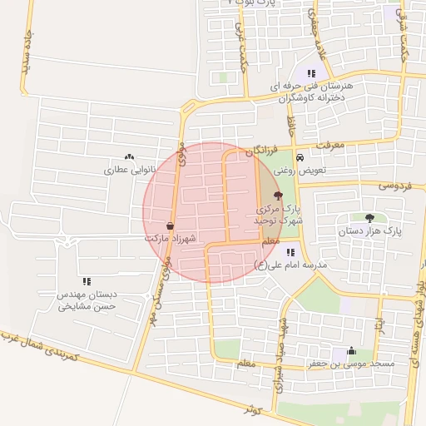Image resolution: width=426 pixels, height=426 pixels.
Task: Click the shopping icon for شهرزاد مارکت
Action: pos(171,225)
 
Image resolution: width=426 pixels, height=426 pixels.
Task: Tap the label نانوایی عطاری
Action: pos(118,169)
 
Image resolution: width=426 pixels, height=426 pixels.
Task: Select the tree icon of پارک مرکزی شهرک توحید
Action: pos(278,196)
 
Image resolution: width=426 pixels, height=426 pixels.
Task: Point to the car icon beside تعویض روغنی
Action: pos(300,158)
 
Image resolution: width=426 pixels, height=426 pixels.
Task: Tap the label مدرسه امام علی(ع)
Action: pos(290,265)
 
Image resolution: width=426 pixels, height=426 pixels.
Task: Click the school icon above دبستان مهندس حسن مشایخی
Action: pos(87,282)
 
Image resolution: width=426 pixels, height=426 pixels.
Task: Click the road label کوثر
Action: pos(252,409)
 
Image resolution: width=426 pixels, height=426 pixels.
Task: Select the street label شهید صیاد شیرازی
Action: pos(281,342)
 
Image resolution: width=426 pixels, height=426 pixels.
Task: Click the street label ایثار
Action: pos(379,321)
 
